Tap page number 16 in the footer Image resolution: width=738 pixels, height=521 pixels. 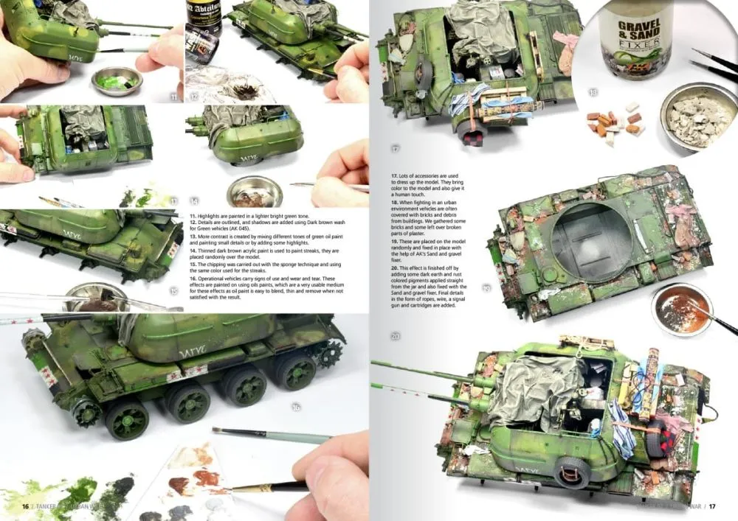(x=25, y=506)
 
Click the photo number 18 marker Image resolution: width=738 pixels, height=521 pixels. (x=593, y=93)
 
